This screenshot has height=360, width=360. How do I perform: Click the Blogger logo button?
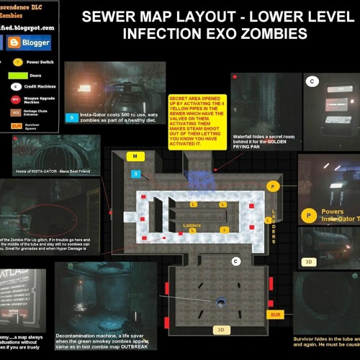pyautogui.click(x=30, y=42)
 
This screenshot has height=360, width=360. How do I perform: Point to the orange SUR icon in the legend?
pyautogui.click(x=16, y=125)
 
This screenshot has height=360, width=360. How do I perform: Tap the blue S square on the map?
pyautogui.click(x=135, y=174)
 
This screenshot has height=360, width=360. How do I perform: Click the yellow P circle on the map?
pyautogui.click(x=272, y=186)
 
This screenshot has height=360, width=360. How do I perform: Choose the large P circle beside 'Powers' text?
pyautogui.click(x=308, y=215)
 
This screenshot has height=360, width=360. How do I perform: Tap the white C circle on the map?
pyautogui.click(x=235, y=260)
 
